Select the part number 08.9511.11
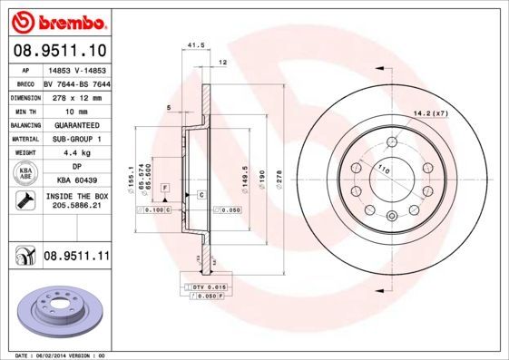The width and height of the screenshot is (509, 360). point(76,257)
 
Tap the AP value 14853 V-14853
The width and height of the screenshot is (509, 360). point(76,69)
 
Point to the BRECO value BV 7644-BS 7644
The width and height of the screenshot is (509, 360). point(76,83)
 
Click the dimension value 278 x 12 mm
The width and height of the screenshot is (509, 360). point(76,96)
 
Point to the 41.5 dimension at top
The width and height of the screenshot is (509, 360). point(193,44)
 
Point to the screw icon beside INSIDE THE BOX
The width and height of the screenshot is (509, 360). point(25,200)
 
